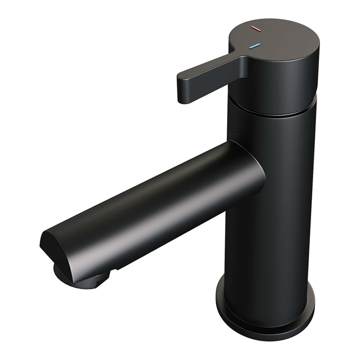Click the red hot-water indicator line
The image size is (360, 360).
(x=255, y=28)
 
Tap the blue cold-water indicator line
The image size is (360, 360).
(x=255, y=46)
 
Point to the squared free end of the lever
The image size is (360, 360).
(x=186, y=89)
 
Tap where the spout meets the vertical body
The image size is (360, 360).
(x=247, y=169)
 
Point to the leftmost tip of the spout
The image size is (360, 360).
(x=41, y=242)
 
